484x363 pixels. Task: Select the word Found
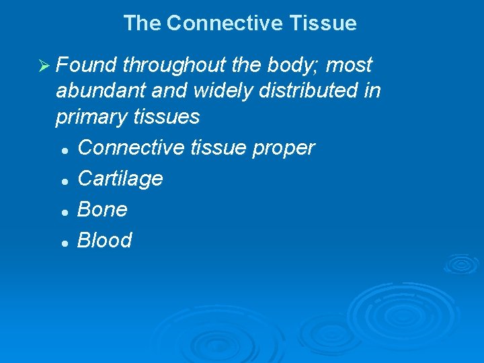pos(86,65)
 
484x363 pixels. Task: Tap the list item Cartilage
pos(120,179)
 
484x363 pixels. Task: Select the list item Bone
pos(102,209)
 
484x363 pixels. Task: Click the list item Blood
pos(105,240)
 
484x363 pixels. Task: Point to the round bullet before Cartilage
pos(63,180)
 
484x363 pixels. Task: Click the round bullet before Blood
pos(63,242)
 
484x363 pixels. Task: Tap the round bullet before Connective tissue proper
pos(63,149)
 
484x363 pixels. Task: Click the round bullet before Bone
pos(63,211)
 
